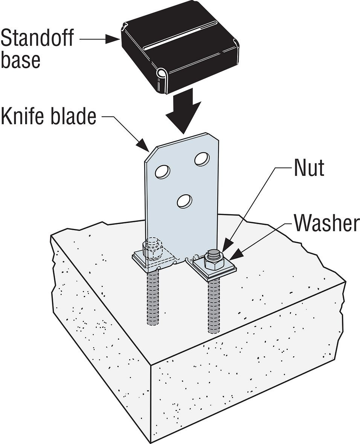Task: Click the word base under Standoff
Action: coord(20,60)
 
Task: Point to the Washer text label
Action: coord(326,223)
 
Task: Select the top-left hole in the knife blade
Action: coord(162,171)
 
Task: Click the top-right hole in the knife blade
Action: coord(202,159)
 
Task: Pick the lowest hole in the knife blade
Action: coord(184,200)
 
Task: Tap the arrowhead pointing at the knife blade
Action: coord(143,145)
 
